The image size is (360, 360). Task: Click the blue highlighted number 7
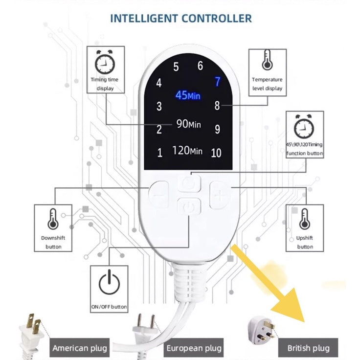pos(218,82)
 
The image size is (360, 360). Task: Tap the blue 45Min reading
pos(188,95)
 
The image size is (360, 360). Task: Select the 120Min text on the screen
pos(187,151)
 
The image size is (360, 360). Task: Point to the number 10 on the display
pos(216,153)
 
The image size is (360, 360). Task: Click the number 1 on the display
pos(160,153)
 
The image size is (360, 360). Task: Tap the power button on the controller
pos(189,206)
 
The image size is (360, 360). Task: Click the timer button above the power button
pos(189,183)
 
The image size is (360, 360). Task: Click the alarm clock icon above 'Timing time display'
pos(105,62)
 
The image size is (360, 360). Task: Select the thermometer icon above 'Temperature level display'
pos(267,60)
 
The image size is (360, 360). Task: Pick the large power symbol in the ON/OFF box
pos(109,282)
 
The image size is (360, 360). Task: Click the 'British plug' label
pos(308,348)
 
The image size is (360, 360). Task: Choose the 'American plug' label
pos(80,348)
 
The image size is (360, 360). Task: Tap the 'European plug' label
pos(194,348)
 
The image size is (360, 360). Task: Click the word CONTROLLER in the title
pos(217,19)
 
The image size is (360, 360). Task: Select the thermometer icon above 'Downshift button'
pos(53,219)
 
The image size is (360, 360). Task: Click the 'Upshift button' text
pos(305,242)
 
